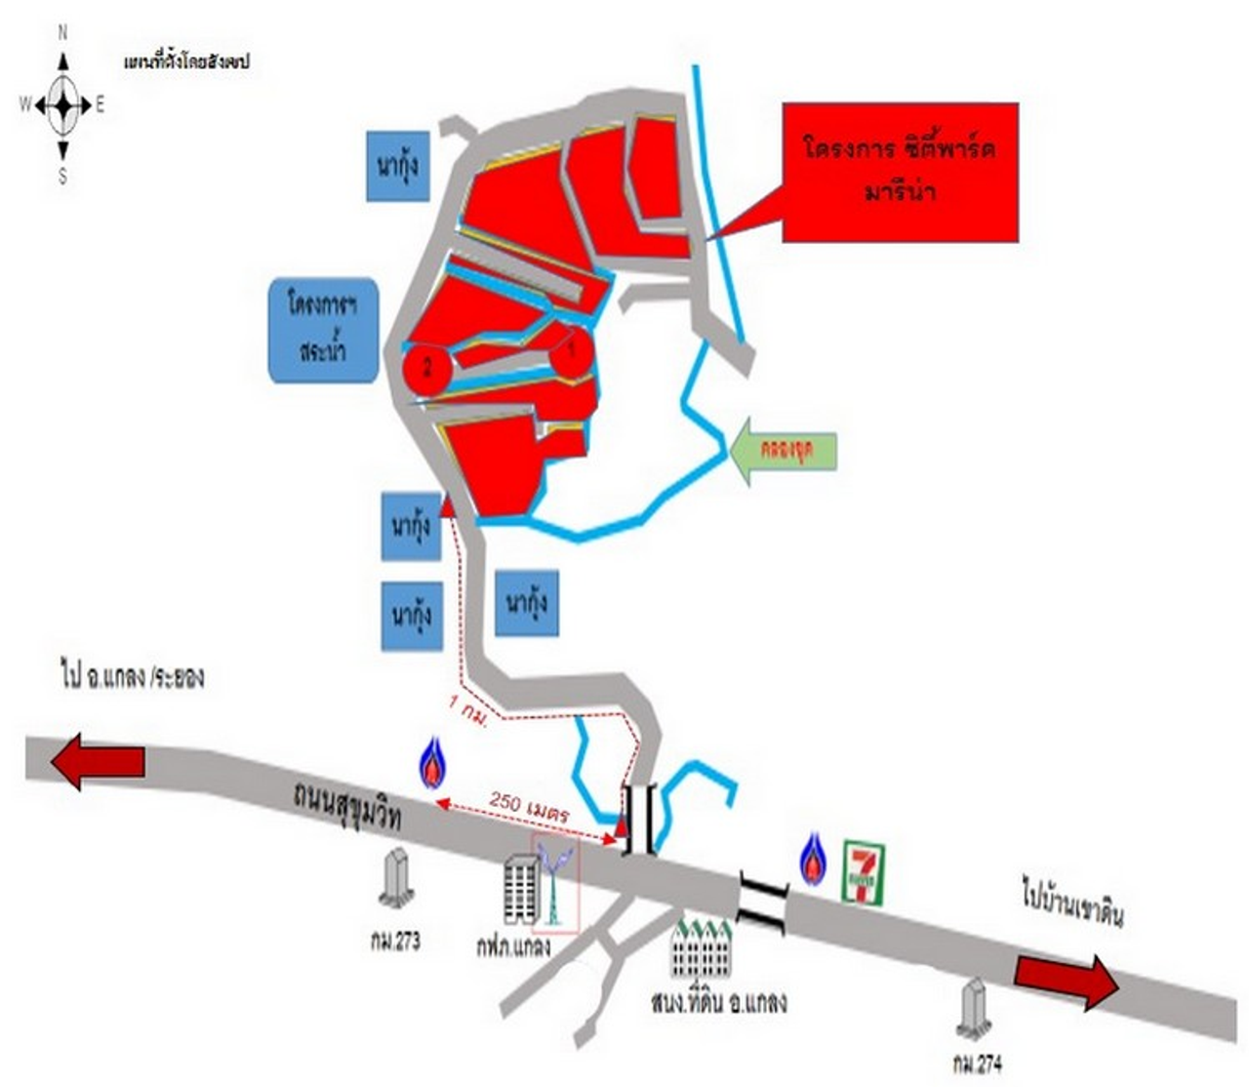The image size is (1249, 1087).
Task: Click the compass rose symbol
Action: point(63,104)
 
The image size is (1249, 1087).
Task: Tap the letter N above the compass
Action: point(63,33)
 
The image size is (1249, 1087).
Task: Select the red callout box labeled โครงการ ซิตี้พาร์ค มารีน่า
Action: point(900,172)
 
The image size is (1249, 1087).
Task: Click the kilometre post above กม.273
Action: point(396,877)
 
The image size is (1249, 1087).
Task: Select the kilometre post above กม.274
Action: point(973,1009)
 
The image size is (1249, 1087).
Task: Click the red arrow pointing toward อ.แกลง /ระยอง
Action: point(99,761)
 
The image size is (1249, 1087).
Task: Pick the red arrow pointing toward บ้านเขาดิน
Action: point(1066,980)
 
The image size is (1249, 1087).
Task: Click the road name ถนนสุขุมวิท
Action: point(347,806)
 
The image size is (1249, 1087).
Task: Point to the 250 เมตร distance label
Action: point(529,806)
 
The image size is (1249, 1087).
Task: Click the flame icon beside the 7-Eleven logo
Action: point(813,860)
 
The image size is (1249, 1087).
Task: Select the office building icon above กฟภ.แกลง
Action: point(520,888)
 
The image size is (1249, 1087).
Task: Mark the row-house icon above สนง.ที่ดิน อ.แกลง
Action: point(702,947)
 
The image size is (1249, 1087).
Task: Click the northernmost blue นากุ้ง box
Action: point(398,166)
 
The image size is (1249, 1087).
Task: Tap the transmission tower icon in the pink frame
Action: point(555,883)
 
